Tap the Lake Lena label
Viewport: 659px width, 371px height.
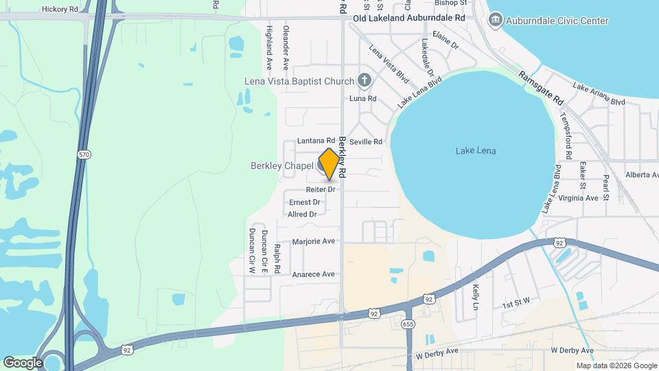pyautogui.click(x=476, y=151)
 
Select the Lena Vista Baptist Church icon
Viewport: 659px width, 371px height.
pyautogui.click(x=365, y=81)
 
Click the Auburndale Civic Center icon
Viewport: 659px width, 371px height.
pyautogui.click(x=495, y=21)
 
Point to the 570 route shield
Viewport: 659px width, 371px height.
pyautogui.click(x=84, y=155)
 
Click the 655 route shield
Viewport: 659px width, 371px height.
pyautogui.click(x=408, y=323)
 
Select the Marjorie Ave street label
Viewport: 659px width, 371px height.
pyautogui.click(x=313, y=241)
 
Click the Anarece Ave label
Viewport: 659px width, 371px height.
pyautogui.click(x=313, y=274)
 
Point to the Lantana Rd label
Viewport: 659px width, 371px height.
pyautogui.click(x=316, y=141)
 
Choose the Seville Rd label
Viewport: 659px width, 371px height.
pyautogui.click(x=365, y=142)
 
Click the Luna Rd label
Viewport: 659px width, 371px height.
pyautogui.click(x=363, y=99)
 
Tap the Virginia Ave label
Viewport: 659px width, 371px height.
pyautogui.click(x=578, y=198)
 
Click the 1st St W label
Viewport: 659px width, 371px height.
pyautogui.click(x=516, y=304)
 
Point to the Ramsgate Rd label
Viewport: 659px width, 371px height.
pyautogui.click(x=540, y=87)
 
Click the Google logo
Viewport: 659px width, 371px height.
pyautogui.click(x=23, y=362)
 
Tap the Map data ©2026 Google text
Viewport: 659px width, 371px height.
pyautogui.click(x=616, y=366)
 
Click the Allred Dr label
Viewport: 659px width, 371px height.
pyautogui.click(x=303, y=214)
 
